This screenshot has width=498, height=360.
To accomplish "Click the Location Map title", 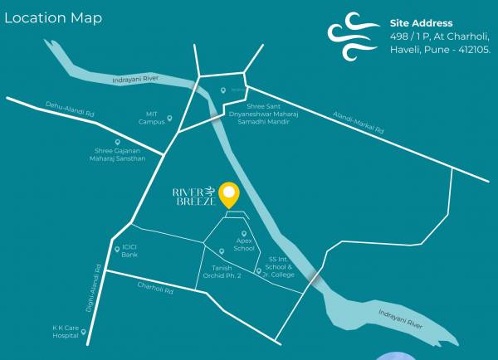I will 53,17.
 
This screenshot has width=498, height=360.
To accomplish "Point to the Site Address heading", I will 422,23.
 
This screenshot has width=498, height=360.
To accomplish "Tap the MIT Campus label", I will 151,118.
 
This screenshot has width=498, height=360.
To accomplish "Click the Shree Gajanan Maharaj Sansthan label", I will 120,154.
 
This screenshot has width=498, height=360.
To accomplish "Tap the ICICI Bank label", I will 129,251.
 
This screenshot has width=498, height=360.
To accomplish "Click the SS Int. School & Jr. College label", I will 280,266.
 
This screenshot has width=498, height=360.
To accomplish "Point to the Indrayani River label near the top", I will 135,80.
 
